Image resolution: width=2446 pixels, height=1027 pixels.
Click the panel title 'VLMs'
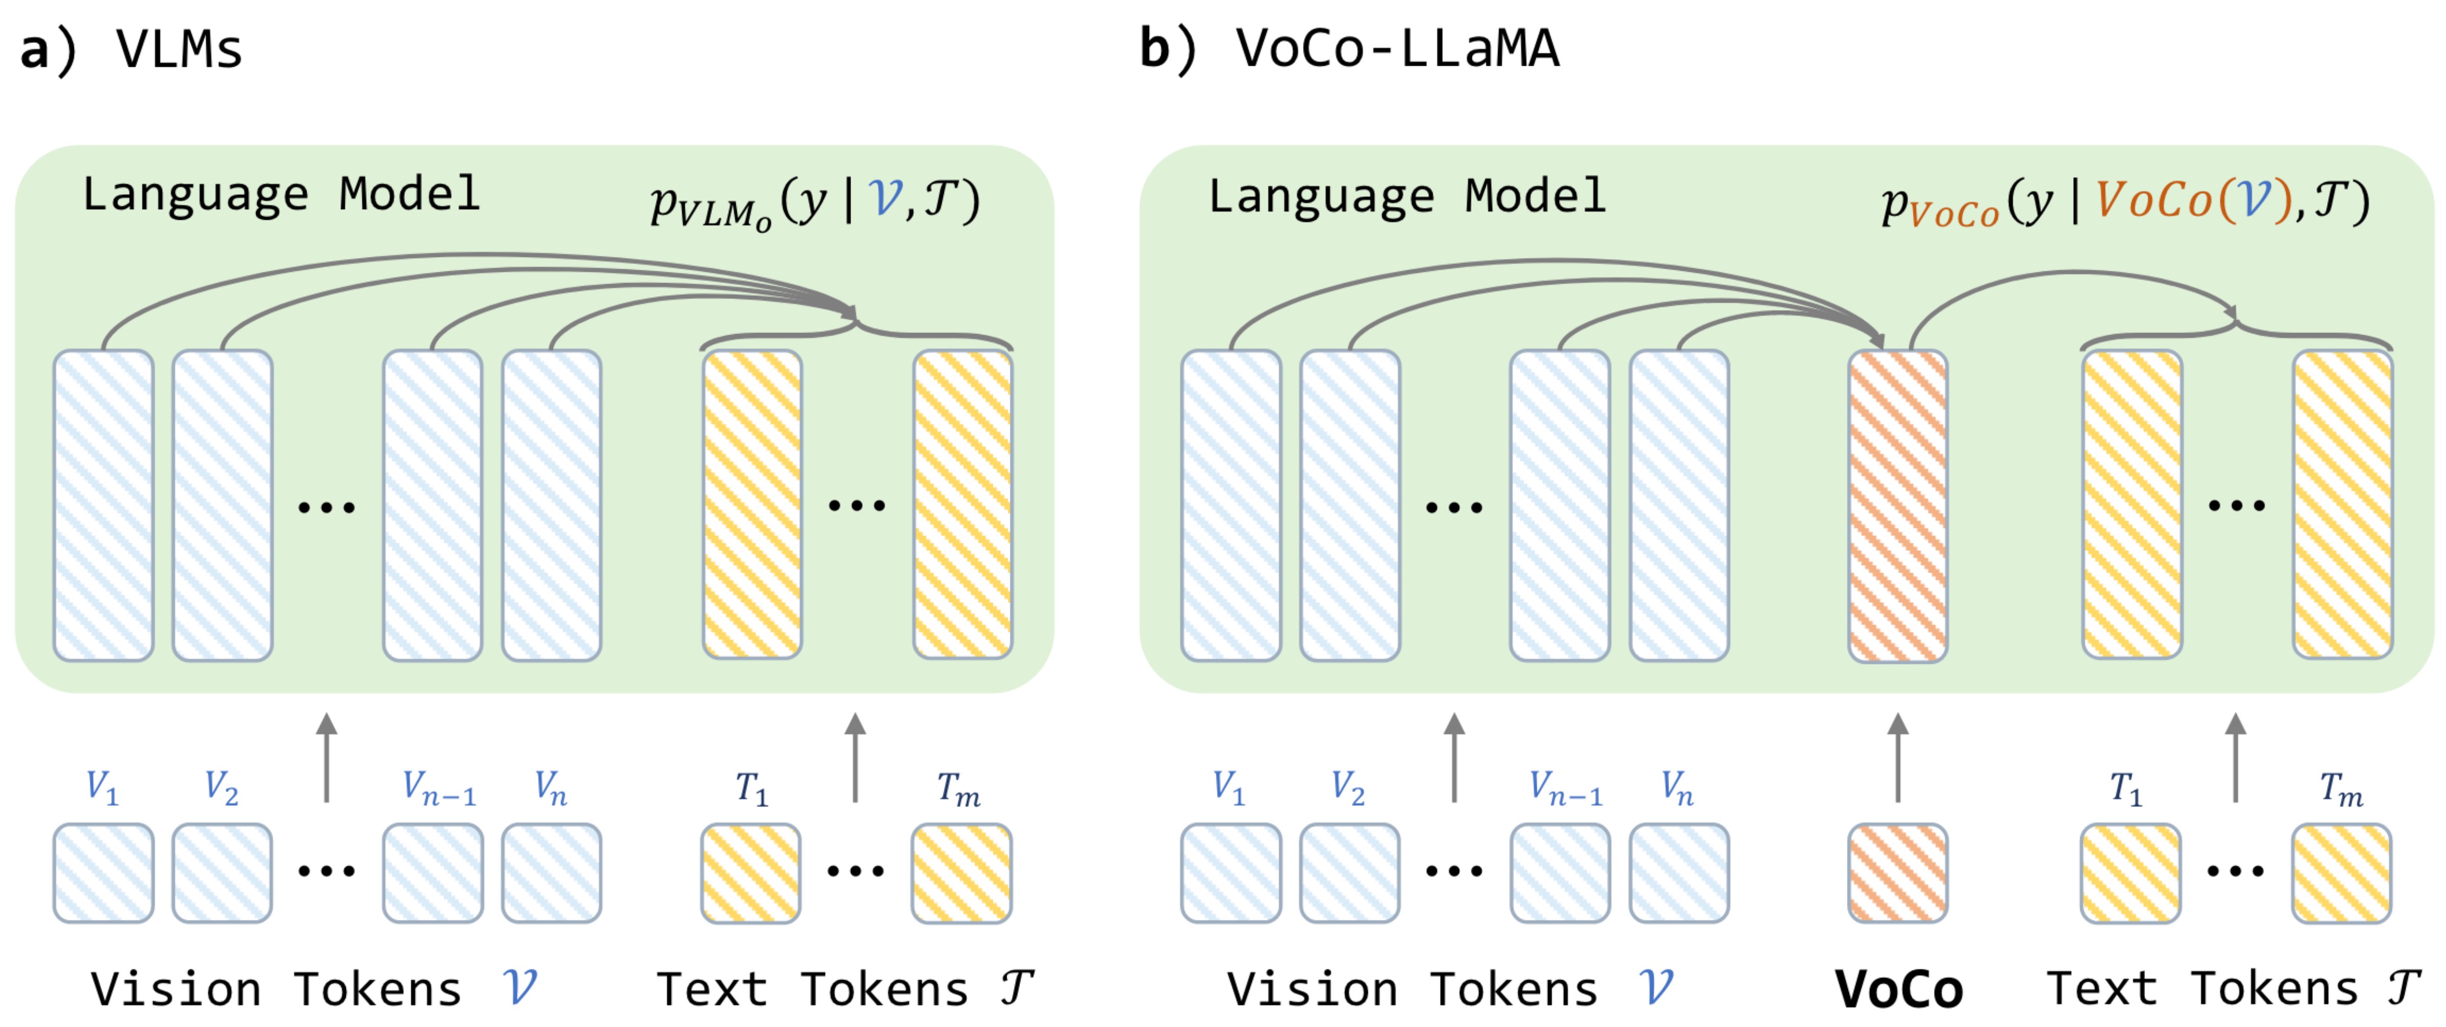(x=179, y=49)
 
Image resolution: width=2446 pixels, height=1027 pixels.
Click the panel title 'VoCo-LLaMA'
(x=1396, y=49)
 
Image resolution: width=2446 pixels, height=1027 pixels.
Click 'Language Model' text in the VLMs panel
(x=281, y=195)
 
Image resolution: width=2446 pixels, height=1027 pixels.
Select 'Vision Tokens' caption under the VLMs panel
(x=276, y=989)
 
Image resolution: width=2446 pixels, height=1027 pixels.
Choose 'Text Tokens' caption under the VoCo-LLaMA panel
(x=2201, y=989)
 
